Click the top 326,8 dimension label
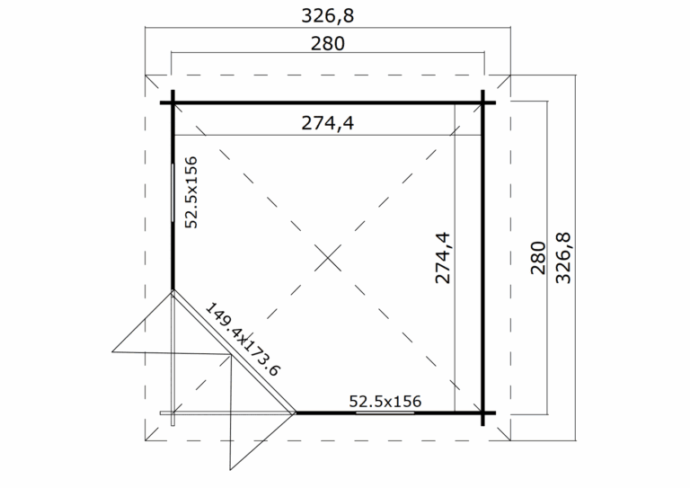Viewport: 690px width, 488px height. pos(327,16)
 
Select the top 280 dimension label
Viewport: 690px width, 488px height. pos(328,43)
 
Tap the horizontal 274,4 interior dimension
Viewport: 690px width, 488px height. pos(327,123)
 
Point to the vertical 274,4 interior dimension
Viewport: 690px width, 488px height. pos(443,258)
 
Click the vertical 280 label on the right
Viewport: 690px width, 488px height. pos(538,258)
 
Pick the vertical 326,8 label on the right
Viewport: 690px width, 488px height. pos(563,258)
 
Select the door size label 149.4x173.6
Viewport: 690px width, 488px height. pos(243,340)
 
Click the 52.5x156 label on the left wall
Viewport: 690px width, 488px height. pos(191,192)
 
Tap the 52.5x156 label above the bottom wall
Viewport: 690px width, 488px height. pos(385,402)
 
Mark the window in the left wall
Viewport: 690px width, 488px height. pos(172,192)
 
